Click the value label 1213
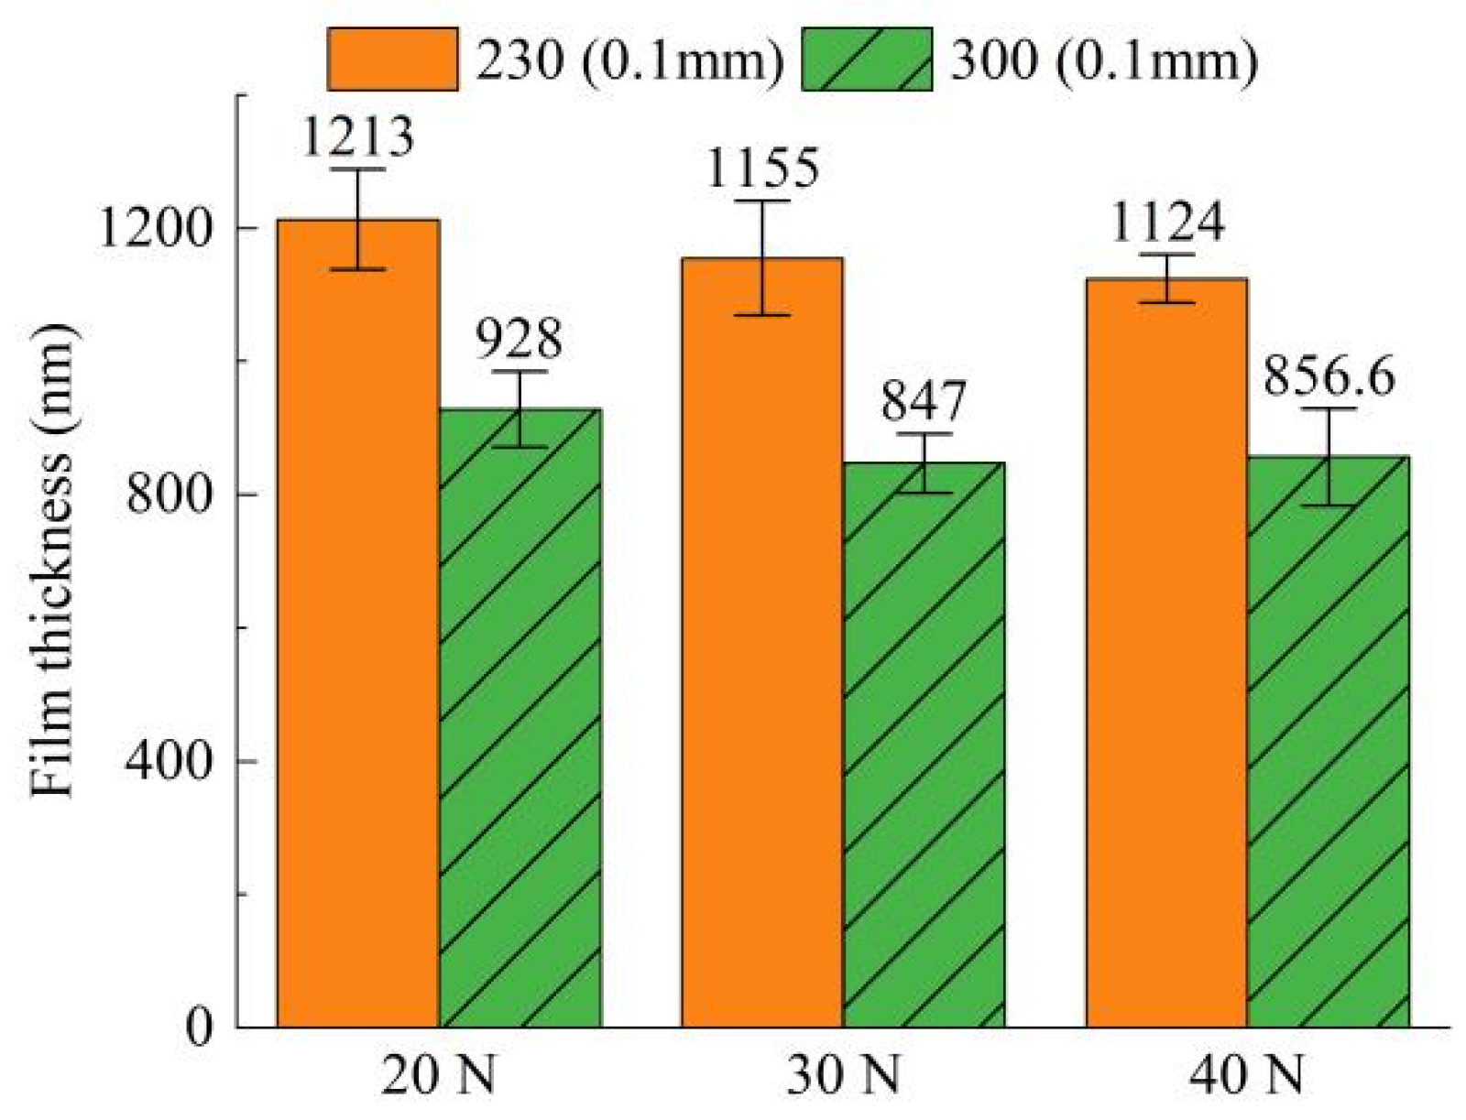pyautogui.click(x=357, y=137)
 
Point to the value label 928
pyautogui.click(x=519, y=340)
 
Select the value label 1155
pyautogui.click(x=761, y=169)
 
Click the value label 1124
pyautogui.click(x=1166, y=223)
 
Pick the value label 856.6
pyautogui.click(x=1329, y=376)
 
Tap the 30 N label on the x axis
pyautogui.click(x=843, y=1078)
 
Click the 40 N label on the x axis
pyautogui.click(x=1247, y=1078)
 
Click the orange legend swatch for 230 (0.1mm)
pyautogui.click(x=392, y=60)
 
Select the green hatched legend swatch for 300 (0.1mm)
pyautogui.click(x=866, y=60)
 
